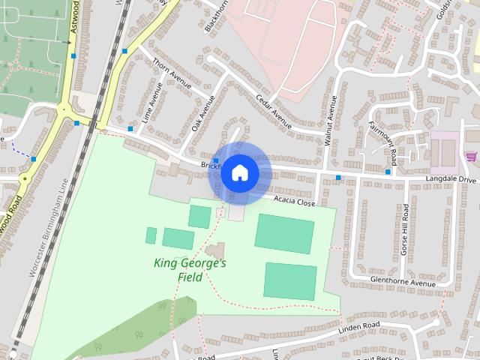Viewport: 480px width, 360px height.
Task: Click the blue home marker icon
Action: pyautogui.click(x=239, y=173)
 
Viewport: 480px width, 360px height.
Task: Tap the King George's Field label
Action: pyautogui.click(x=190, y=270)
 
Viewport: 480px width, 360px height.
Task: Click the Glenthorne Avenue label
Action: pyautogui.click(x=403, y=283)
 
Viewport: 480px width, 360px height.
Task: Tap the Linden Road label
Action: pyautogui.click(x=361, y=326)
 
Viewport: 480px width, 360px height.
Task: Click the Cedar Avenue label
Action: pyautogui.click(x=273, y=110)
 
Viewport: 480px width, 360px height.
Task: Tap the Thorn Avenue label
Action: pyautogui.click(x=172, y=73)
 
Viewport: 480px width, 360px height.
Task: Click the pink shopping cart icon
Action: pyautogui.click(x=470, y=156)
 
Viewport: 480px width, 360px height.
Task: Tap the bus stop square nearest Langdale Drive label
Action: pyautogui.click(x=388, y=172)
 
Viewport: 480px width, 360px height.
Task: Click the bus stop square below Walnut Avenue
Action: pyautogui.click(x=338, y=178)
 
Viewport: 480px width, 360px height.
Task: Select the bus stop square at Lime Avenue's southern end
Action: pyautogui.click(x=130, y=129)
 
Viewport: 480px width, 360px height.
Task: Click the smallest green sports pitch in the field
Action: pyautogui.click(x=151, y=235)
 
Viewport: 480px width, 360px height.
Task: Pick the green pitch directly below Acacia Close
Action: pyautogui.click(x=283, y=232)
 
